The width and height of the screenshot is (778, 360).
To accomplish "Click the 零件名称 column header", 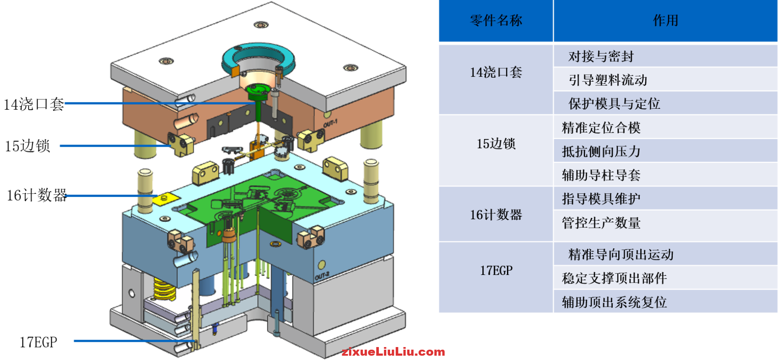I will tap(496, 21).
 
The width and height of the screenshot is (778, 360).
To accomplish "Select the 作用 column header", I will tap(665, 21).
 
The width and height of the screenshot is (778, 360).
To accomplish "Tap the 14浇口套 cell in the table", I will tap(496, 73).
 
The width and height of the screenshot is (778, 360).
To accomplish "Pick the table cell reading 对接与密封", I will tap(601, 57).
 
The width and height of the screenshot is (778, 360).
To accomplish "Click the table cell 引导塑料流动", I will tap(608, 80).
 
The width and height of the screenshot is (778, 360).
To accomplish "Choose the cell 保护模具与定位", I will tap(614, 104).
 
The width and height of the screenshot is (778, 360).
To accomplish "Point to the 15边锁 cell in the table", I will tap(496, 144).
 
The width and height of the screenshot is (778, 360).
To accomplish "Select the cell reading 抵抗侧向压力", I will tap(601, 152).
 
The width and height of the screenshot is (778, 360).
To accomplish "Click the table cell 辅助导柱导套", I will tap(601, 175).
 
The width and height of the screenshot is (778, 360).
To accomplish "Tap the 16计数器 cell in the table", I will tap(496, 215).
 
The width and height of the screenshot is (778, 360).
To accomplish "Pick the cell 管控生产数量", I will tap(601, 223).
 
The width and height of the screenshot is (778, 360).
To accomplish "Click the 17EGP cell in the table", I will tap(496, 271).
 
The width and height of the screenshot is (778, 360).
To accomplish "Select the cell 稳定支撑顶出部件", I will tap(614, 278).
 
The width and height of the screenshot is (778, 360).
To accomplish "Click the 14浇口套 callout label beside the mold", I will tap(34, 104).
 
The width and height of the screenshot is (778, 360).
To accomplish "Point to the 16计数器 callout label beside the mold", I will tap(37, 196).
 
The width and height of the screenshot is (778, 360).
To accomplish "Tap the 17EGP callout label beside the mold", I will tap(38, 342).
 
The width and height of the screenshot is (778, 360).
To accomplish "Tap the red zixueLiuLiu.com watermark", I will tap(393, 352).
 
